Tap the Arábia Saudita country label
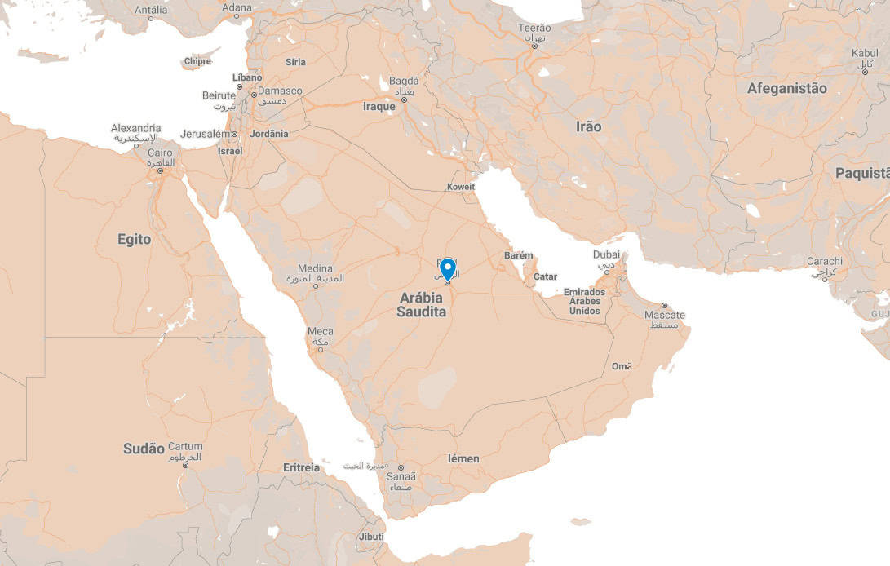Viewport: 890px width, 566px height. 422,304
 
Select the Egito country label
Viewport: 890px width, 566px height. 135,239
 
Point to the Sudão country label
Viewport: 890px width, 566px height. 144,449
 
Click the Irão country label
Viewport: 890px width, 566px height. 588,126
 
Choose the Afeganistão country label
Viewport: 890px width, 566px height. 786,88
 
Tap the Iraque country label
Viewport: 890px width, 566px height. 379,106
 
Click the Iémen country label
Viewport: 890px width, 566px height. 463,458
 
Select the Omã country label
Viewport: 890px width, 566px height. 622,366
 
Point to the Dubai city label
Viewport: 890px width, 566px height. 607,254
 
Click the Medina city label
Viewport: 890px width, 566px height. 315,268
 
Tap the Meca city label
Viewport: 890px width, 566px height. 320,332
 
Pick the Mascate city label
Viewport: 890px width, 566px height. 665,315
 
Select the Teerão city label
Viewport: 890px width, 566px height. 535,29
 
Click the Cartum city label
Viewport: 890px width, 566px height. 185,447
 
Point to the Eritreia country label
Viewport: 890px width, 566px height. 301,467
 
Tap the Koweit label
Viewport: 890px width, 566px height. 461,187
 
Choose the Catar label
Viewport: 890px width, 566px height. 545,276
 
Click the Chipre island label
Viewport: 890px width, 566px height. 197,61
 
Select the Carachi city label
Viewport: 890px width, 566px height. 825,261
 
